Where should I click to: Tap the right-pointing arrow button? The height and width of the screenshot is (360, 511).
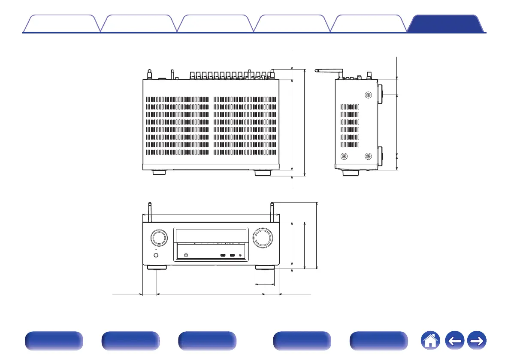click(x=476, y=342)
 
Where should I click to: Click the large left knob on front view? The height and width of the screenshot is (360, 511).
click(x=158, y=238)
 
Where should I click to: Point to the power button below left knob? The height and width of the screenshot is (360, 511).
click(x=155, y=256)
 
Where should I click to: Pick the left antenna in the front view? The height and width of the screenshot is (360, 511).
click(x=149, y=212)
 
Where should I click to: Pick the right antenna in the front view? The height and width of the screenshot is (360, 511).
click(x=272, y=212)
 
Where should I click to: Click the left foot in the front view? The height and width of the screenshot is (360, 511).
click(x=157, y=268)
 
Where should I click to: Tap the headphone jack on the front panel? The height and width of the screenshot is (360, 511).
click(x=186, y=256)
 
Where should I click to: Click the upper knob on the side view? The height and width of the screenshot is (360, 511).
click(x=381, y=94)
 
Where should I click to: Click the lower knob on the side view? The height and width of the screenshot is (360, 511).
click(x=381, y=156)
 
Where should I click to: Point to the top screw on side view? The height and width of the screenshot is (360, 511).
click(x=368, y=95)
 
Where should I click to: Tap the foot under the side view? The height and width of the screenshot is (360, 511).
click(x=351, y=173)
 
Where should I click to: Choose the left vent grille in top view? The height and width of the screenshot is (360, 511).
click(x=177, y=126)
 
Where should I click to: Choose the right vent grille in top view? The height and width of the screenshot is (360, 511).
click(x=245, y=126)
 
